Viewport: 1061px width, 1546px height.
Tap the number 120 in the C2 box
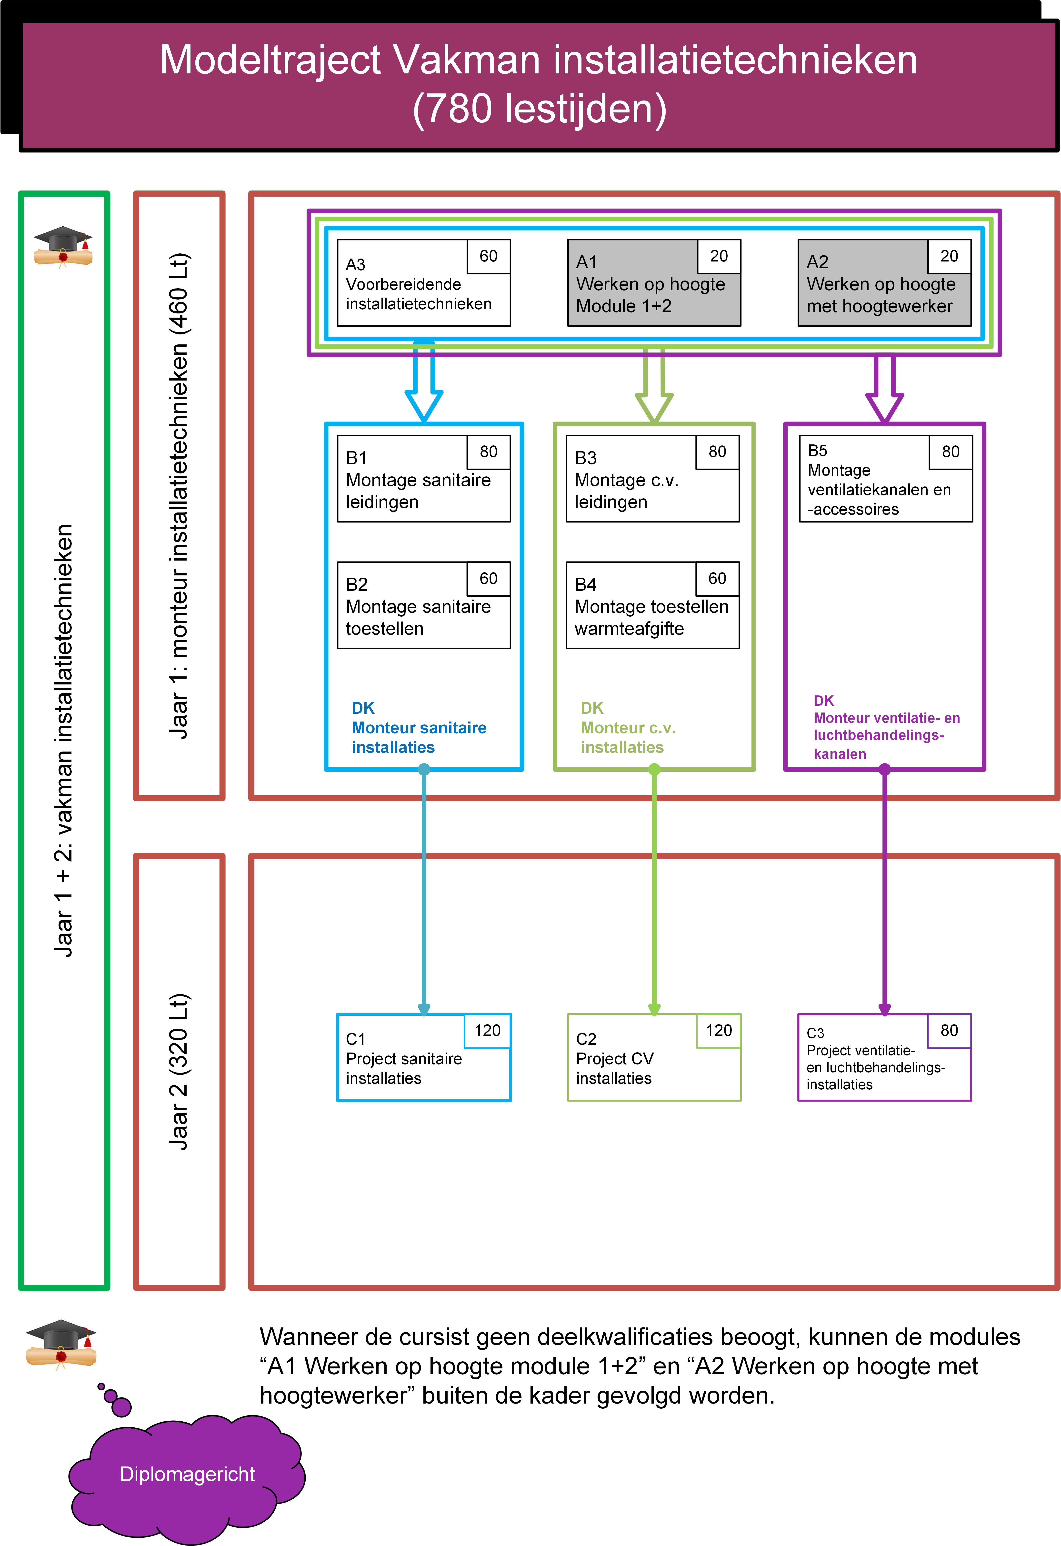(x=718, y=1030)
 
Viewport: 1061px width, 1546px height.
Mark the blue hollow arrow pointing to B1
(x=424, y=386)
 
